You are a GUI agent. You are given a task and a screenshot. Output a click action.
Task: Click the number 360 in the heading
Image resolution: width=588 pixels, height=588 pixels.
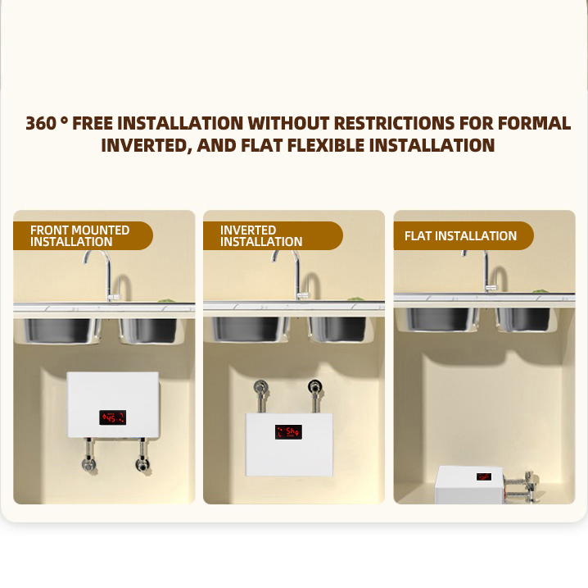(x=41, y=123)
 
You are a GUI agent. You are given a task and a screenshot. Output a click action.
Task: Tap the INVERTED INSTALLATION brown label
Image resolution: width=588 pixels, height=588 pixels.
(x=273, y=235)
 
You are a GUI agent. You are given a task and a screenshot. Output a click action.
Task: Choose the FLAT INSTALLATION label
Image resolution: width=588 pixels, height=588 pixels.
(x=464, y=235)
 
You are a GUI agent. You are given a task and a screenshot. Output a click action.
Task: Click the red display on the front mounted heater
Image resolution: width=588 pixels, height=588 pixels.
(x=112, y=417)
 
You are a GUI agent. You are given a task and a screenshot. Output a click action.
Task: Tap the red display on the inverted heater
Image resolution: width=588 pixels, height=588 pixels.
(x=288, y=432)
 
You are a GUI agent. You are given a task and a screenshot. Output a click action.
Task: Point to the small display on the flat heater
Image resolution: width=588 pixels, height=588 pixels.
(x=484, y=476)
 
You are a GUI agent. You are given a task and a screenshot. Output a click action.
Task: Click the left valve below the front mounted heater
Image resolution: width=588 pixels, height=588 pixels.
(x=89, y=463)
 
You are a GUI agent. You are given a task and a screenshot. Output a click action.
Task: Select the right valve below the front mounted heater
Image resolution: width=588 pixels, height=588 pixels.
(x=142, y=463)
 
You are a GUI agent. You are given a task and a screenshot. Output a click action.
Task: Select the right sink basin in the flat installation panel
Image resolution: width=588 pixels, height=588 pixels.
(x=523, y=320)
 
